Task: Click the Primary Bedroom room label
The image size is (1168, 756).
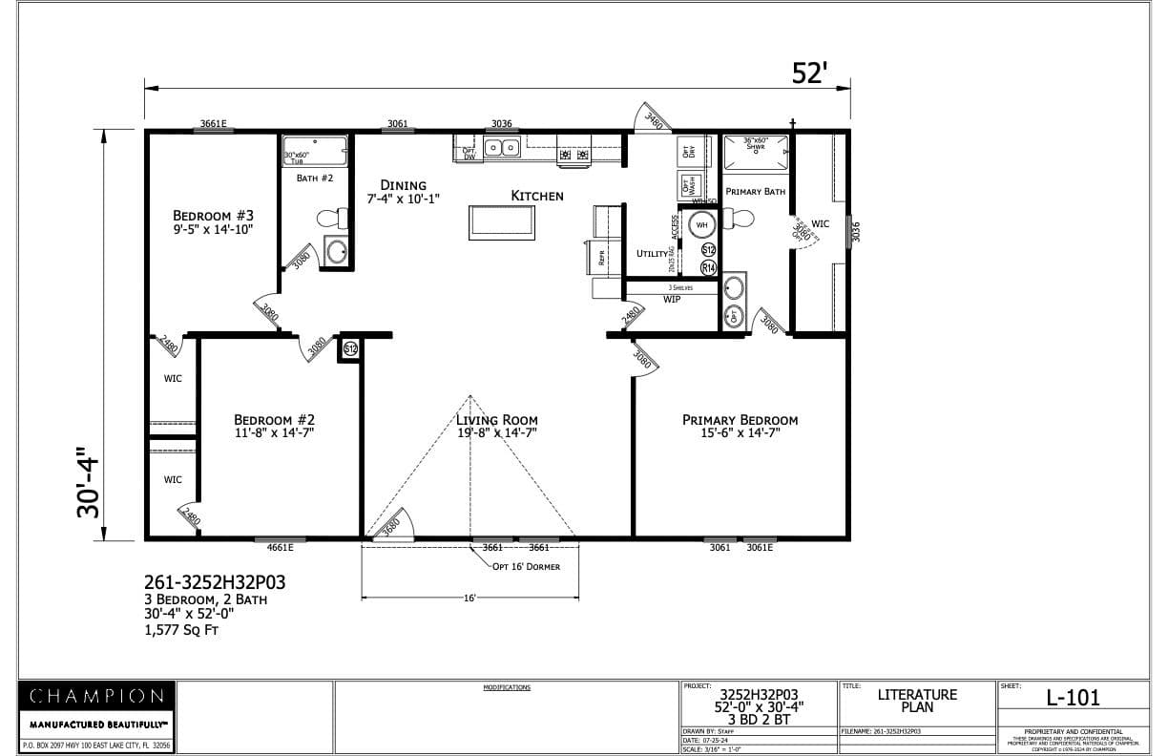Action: [740, 420]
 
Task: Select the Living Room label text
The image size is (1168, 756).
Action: [496, 420]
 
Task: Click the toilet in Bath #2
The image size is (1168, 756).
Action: [330, 219]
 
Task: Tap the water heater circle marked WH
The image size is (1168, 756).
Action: [701, 225]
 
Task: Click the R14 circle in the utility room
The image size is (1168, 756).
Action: [708, 268]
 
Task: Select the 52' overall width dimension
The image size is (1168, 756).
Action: [808, 73]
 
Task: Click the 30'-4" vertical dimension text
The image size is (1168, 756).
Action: [89, 482]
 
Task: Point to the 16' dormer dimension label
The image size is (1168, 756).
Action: [469, 598]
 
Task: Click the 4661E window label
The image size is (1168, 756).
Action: [280, 548]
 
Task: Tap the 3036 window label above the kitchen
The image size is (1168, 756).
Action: [501, 123]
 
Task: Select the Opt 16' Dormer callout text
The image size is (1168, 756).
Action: [526, 566]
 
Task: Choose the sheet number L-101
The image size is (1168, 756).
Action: [1073, 698]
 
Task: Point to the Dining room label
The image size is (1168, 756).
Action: [403, 185]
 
